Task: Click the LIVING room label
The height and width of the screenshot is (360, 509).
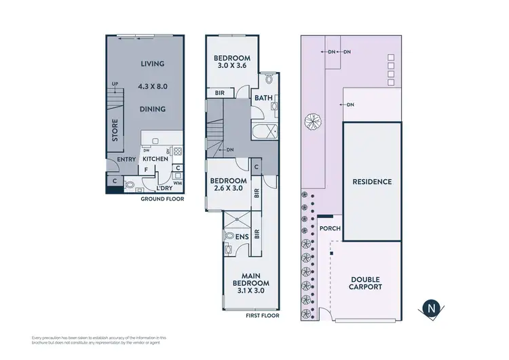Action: point(153,64)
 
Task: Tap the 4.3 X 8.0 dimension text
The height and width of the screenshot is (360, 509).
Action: point(153,86)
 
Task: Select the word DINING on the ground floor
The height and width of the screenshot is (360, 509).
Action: point(153,109)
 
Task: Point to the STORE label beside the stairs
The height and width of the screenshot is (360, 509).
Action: point(115,131)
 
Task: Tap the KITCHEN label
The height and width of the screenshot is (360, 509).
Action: point(155,159)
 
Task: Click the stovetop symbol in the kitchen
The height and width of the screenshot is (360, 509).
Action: point(178,151)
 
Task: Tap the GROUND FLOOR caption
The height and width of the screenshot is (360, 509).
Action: point(163,200)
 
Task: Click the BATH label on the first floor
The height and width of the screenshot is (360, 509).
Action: point(263,98)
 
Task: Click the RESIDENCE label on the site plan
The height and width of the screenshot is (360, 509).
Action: point(372,181)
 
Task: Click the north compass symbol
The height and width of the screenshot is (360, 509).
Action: point(430,308)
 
